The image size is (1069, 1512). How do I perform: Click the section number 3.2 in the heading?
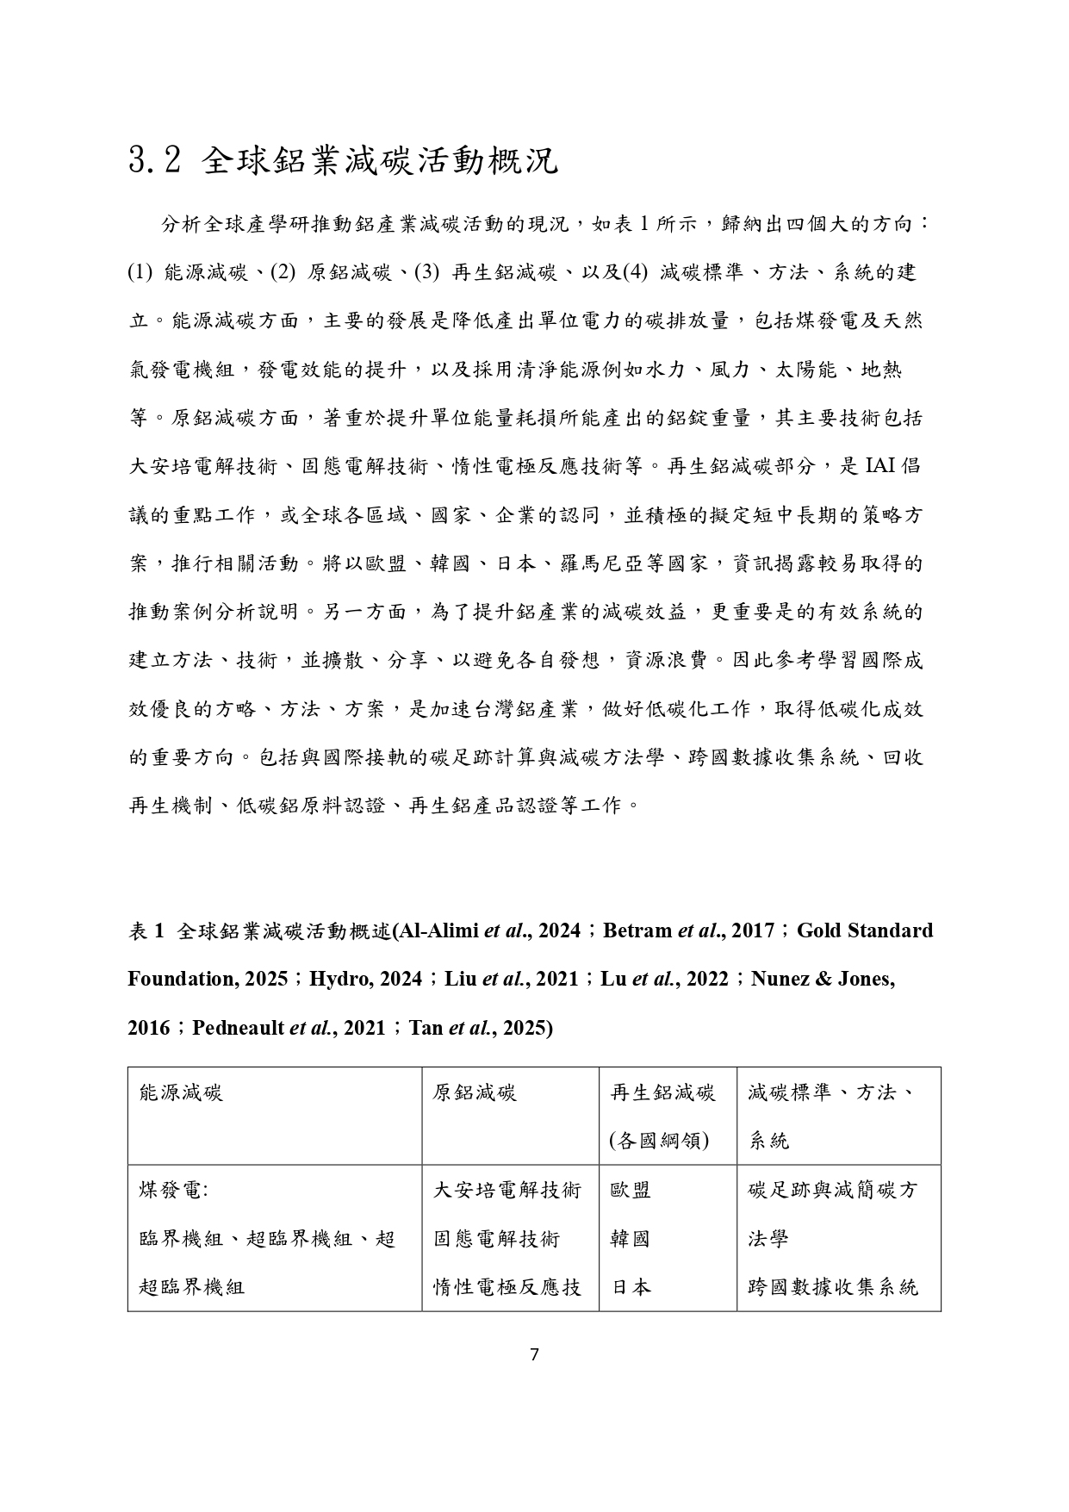coord(154,161)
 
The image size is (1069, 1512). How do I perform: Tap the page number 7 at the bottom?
coord(534,1354)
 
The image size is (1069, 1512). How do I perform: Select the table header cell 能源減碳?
coord(181,1093)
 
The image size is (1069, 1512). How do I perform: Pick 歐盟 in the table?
coord(631,1191)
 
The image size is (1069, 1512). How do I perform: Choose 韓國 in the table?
coord(631,1239)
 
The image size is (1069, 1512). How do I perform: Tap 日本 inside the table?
coord(631,1287)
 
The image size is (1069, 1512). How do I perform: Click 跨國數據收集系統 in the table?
coord(834,1287)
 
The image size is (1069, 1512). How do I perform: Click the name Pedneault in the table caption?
coord(238,1028)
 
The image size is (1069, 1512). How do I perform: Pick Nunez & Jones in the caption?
coord(823,979)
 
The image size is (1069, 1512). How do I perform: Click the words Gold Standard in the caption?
coord(864,930)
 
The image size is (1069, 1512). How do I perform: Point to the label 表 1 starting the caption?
coord(146,931)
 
